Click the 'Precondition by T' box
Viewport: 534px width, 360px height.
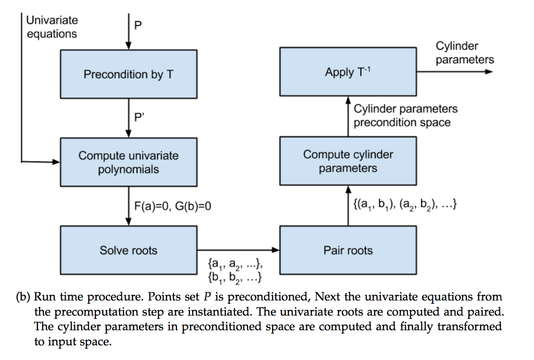(129, 74)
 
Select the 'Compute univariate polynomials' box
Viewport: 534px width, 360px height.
(129, 162)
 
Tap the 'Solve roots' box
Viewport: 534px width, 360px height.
(129, 250)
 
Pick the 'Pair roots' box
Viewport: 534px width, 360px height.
(348, 250)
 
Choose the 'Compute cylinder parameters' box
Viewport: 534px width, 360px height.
(348, 161)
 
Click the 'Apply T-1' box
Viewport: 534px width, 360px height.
(348, 71)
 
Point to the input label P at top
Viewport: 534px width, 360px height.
(138, 25)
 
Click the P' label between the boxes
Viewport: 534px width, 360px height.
(139, 117)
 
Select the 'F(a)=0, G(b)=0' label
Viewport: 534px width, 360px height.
(172, 206)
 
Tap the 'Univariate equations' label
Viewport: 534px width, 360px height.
(52, 27)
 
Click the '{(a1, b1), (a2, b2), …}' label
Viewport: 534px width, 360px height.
(405, 205)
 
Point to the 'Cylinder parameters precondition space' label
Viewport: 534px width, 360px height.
(405, 115)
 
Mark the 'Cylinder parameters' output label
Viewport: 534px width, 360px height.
(465, 52)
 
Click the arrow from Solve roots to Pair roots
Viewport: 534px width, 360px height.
(238, 250)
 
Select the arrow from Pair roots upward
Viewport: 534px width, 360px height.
(348, 206)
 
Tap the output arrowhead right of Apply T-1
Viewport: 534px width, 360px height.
(489, 71)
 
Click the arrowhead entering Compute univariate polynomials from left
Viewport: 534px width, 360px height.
(56, 162)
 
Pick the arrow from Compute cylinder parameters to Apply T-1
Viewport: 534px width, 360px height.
(348, 117)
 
